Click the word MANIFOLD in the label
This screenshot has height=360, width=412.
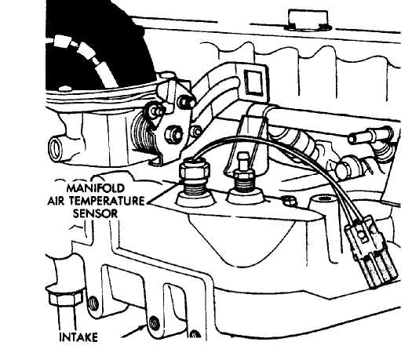(96, 188)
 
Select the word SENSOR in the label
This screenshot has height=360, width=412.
(95, 213)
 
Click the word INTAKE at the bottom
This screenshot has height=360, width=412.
(78, 337)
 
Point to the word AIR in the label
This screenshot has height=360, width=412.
(56, 201)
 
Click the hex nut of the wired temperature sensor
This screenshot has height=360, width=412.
(195, 169)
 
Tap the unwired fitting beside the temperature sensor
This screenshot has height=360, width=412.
(244, 179)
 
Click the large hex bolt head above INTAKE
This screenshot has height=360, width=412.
(64, 297)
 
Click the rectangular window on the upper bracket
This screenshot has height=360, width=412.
(253, 82)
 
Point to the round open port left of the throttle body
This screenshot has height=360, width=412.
(56, 148)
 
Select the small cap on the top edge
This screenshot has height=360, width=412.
(308, 20)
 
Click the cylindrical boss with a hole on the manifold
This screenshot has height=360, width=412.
(321, 202)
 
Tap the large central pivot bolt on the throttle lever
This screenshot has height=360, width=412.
(173, 135)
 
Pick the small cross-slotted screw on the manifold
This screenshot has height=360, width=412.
(290, 202)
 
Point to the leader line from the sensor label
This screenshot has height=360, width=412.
(161, 194)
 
